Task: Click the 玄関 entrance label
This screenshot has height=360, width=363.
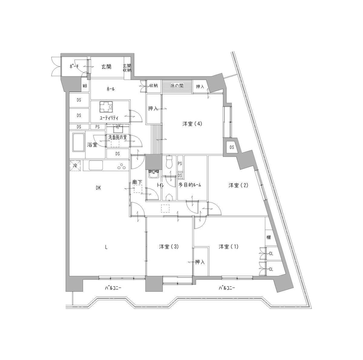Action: [x=106, y=66]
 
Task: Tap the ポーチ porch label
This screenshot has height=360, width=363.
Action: [x=74, y=66]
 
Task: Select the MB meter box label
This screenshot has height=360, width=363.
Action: [x=85, y=86]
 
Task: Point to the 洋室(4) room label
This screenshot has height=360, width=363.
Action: [x=192, y=124]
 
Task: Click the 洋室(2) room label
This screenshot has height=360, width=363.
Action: [x=238, y=185]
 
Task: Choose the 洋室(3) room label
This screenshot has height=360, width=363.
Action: [x=169, y=246]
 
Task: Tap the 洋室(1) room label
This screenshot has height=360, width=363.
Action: [x=228, y=246]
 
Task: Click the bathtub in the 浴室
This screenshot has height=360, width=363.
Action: [x=79, y=142]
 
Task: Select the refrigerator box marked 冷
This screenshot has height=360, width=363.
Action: [x=75, y=166]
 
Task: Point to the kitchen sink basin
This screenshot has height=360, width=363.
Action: [x=96, y=165]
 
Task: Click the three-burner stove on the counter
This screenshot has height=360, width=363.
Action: [x=122, y=167]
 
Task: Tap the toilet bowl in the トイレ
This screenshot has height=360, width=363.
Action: [x=169, y=162]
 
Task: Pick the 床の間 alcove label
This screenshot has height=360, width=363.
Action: [x=177, y=86]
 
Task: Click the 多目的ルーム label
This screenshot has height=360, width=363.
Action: [x=190, y=185]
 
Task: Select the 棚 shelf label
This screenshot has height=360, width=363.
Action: [x=268, y=237]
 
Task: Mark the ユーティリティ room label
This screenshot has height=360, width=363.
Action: [x=109, y=118]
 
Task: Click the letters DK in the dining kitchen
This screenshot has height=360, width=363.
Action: [x=98, y=188]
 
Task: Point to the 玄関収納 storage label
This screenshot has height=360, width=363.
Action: [x=127, y=68]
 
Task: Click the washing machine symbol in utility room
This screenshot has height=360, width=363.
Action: [x=106, y=106]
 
